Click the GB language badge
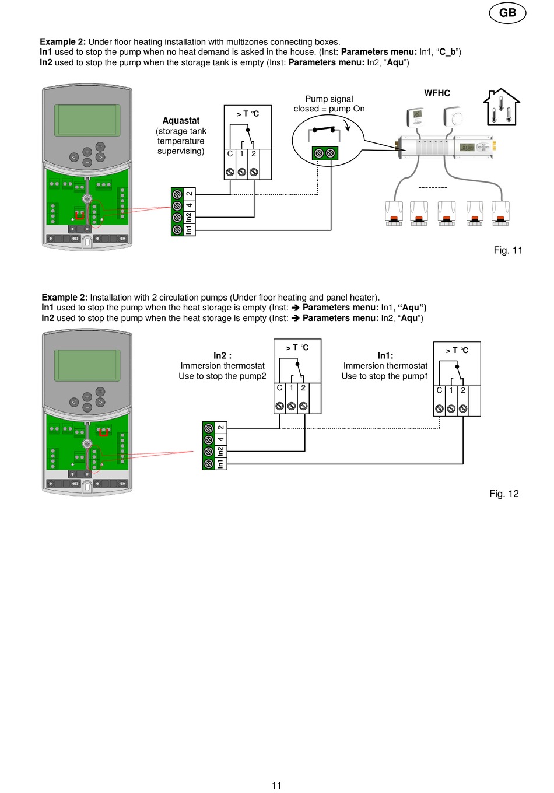[507, 13]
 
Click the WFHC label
[437, 93]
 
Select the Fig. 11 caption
[508, 250]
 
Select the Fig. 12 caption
[504, 494]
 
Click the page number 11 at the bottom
[276, 785]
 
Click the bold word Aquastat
[181, 121]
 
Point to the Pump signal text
[329, 99]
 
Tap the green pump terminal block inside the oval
[325, 153]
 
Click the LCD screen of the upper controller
[87, 120]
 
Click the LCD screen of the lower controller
[87, 365]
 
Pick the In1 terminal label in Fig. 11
[189, 230]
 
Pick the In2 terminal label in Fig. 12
[220, 451]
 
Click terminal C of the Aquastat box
[230, 172]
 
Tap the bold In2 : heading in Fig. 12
[222, 355]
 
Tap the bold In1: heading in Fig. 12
[385, 355]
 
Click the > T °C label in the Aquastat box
[247, 114]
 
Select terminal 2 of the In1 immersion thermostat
[463, 408]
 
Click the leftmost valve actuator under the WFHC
[394, 213]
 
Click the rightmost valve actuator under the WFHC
[500, 213]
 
